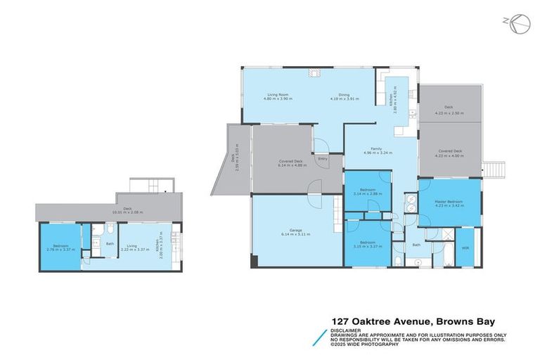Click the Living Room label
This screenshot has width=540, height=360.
[278, 94]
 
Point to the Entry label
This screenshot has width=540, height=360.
[323, 159]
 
